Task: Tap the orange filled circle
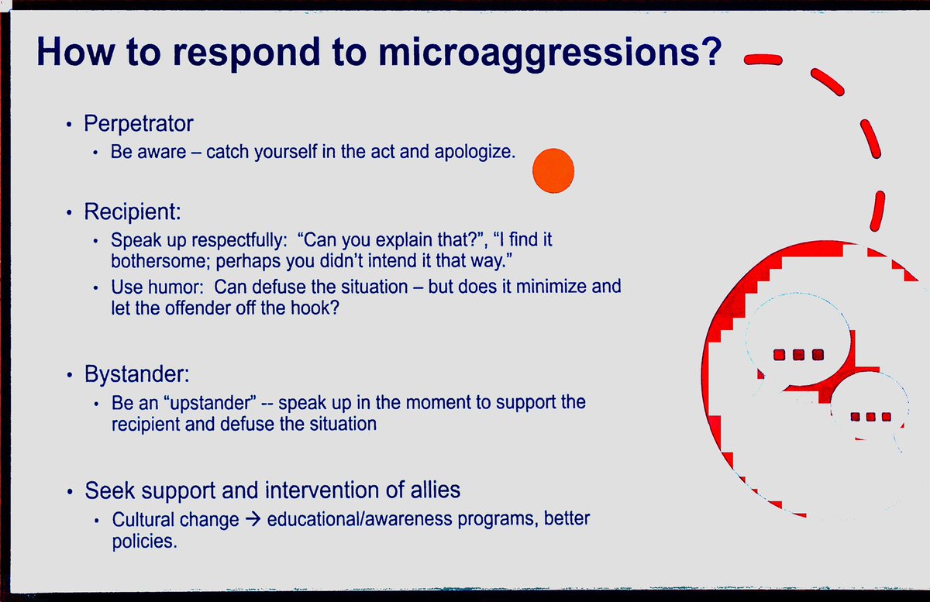(x=553, y=170)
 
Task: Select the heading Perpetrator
(x=139, y=123)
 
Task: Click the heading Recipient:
(x=133, y=212)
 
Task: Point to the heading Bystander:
(x=137, y=374)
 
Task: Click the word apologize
(x=475, y=152)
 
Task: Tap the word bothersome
(x=161, y=261)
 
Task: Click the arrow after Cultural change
(x=253, y=519)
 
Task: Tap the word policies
(x=144, y=542)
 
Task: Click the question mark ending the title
(x=712, y=50)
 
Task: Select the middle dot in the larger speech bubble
(x=798, y=355)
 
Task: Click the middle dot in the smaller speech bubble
(x=870, y=417)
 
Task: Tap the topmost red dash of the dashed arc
(x=763, y=60)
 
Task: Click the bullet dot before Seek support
(x=70, y=492)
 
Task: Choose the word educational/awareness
(x=359, y=519)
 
